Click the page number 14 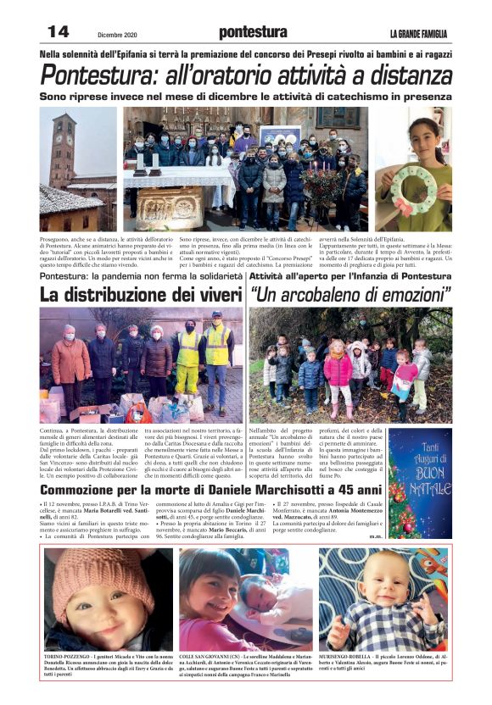(x=58, y=31)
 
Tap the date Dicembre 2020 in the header (x=117, y=34)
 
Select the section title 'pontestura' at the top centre (x=252, y=32)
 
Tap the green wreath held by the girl (x=417, y=180)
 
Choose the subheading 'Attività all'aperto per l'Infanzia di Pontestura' (x=350, y=276)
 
